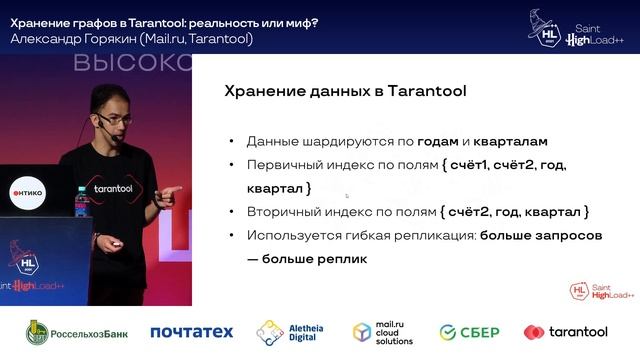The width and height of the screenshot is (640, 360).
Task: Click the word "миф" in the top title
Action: (300, 22)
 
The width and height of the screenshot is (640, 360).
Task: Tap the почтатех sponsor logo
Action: (191, 332)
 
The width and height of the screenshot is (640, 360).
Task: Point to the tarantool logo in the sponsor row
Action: (565, 332)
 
